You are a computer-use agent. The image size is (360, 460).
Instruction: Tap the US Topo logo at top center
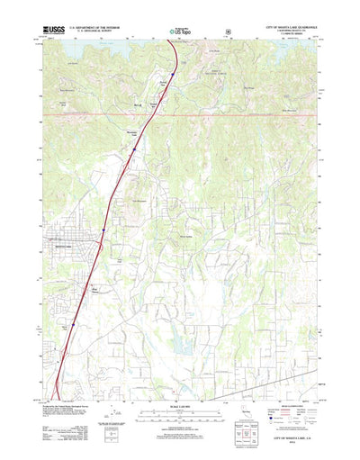pos(178,33)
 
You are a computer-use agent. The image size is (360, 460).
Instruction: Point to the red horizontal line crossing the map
pos(225,115)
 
